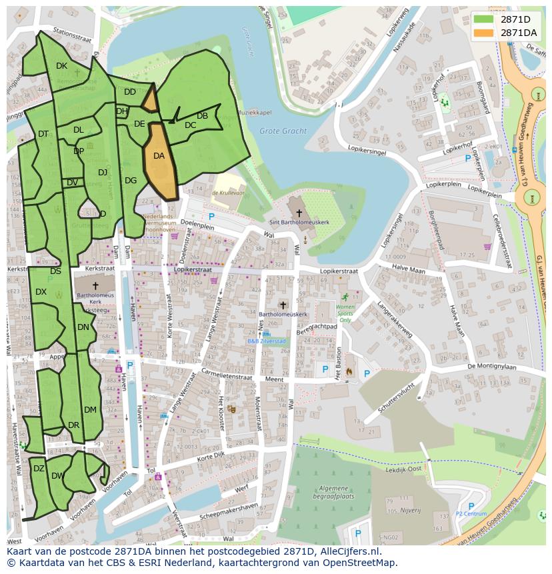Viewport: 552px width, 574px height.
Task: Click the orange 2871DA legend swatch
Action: pyautogui.click(x=484, y=33)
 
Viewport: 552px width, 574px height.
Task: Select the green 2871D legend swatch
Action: pyautogui.click(x=484, y=19)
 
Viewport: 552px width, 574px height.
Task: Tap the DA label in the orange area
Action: pyautogui.click(x=159, y=156)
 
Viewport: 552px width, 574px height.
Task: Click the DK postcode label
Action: pyautogui.click(x=61, y=65)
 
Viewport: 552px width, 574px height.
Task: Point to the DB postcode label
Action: pyautogui.click(x=202, y=116)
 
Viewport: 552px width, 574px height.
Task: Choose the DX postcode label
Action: pyautogui.click(x=41, y=292)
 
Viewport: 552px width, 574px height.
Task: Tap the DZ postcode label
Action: pyautogui.click(x=39, y=469)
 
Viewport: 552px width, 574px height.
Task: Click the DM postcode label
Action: pyautogui.click(x=90, y=409)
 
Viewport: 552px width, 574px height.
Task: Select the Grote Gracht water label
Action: pyautogui.click(x=283, y=131)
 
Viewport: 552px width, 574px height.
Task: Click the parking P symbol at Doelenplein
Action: pyautogui.click(x=211, y=217)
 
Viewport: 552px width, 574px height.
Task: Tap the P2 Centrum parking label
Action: pyautogui.click(x=471, y=514)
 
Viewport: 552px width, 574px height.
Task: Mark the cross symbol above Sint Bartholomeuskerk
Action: pyautogui.click(x=289, y=213)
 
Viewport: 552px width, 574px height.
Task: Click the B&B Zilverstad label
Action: pyautogui.click(x=266, y=341)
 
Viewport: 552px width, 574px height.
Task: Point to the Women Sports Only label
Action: pyautogui.click(x=345, y=311)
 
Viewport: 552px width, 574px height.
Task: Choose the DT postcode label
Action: pyautogui.click(x=43, y=134)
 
